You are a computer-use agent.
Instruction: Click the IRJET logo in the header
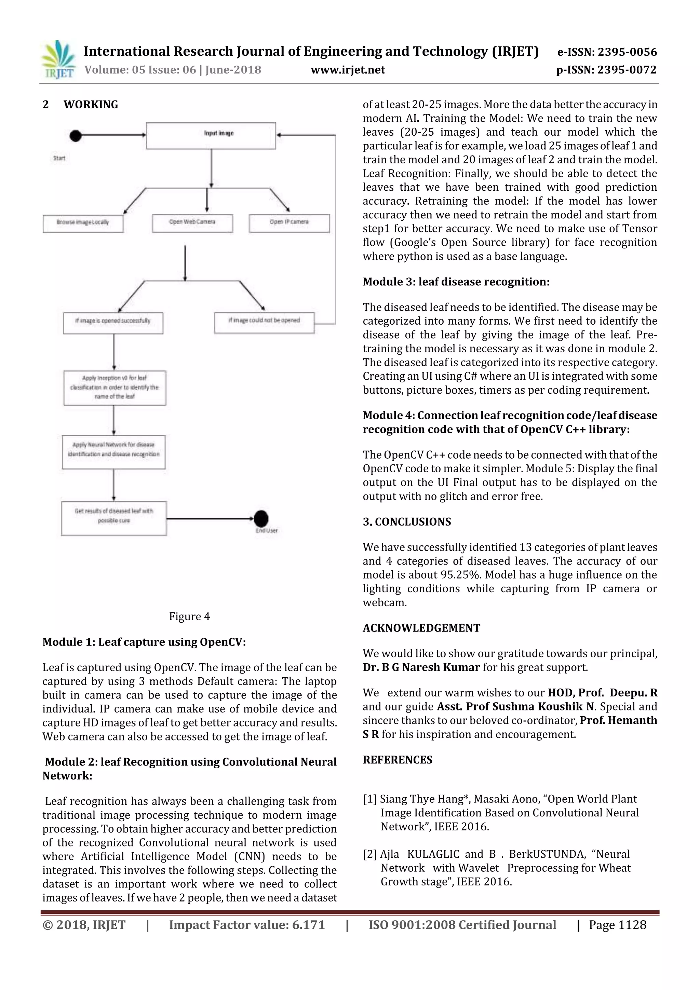(x=58, y=59)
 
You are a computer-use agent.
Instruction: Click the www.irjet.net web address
(x=348, y=70)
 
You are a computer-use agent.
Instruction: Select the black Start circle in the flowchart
(x=76, y=136)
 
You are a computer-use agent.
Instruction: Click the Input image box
(x=211, y=136)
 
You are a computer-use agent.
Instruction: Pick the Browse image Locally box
(x=83, y=223)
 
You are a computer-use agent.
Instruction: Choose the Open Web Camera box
(x=192, y=223)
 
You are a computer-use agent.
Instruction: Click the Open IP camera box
(x=289, y=223)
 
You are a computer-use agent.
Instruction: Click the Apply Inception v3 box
(x=114, y=387)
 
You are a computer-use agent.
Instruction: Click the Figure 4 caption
(x=189, y=616)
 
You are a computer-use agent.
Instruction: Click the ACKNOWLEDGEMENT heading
(x=421, y=628)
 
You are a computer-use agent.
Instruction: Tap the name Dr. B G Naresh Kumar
(x=421, y=667)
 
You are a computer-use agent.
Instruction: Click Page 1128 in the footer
(x=617, y=924)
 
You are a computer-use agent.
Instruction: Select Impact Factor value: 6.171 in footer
(x=246, y=924)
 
